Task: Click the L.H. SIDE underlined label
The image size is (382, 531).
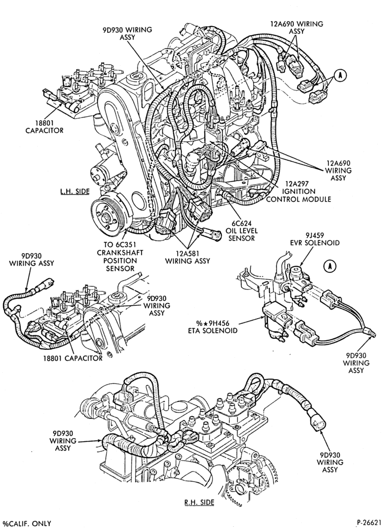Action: (x=75, y=191)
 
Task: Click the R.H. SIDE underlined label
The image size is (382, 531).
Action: (x=199, y=502)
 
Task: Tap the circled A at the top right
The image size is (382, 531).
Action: (x=341, y=76)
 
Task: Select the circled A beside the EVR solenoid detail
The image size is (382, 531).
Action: (x=330, y=267)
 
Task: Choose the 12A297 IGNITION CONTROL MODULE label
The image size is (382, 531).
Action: (x=298, y=191)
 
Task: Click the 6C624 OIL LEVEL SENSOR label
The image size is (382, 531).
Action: (x=241, y=230)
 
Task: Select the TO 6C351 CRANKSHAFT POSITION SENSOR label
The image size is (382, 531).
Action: (x=120, y=256)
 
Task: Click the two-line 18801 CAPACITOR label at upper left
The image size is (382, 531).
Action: (x=45, y=126)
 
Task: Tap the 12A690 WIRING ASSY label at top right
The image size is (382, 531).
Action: (x=297, y=28)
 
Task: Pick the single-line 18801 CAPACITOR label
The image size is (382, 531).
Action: (x=73, y=358)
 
